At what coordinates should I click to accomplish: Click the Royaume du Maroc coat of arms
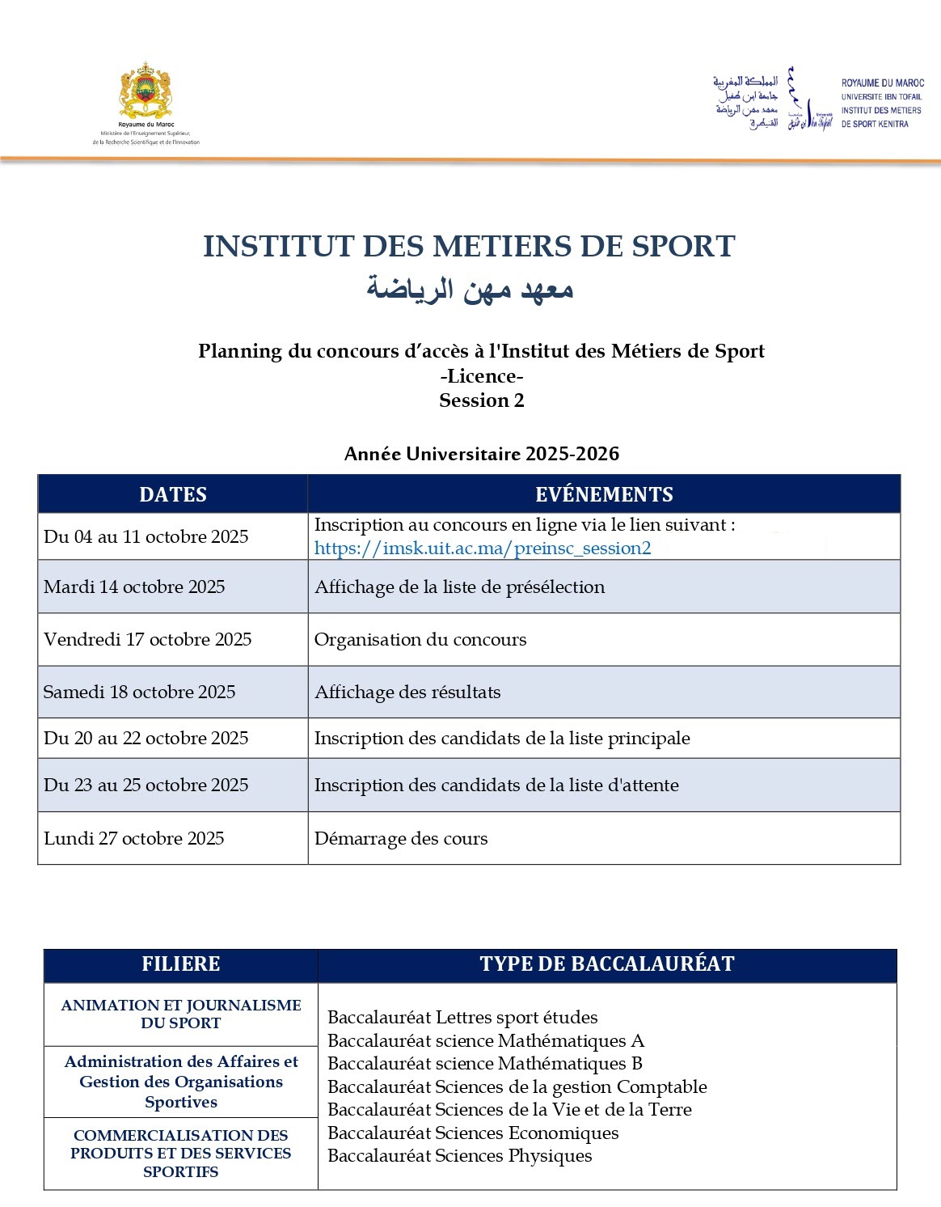(146, 91)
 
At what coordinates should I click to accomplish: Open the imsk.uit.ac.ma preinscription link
(482, 548)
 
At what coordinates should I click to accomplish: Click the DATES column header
(172, 494)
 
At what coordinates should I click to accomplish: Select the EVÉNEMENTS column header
(604, 494)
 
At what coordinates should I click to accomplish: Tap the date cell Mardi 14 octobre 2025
(134, 587)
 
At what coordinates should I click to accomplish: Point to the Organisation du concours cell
(420, 640)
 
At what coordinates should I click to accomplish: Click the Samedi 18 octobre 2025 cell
(139, 692)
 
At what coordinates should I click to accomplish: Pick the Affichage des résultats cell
(407, 692)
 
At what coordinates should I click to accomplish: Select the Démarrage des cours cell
(401, 839)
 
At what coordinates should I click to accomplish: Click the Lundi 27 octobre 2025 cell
(133, 839)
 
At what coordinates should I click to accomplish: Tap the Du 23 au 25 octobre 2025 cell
(146, 786)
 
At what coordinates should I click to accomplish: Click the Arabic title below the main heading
(470, 289)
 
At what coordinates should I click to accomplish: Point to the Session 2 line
(482, 400)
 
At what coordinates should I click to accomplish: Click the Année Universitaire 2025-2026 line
(482, 454)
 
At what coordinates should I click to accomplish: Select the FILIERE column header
(180, 964)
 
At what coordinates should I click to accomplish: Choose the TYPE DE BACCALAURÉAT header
(607, 964)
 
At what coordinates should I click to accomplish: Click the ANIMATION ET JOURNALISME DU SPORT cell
(180, 1014)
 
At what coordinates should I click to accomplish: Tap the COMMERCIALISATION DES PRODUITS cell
(180, 1153)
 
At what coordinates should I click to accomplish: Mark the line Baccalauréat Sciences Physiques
(459, 1156)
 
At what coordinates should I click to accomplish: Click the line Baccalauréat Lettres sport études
(462, 1018)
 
